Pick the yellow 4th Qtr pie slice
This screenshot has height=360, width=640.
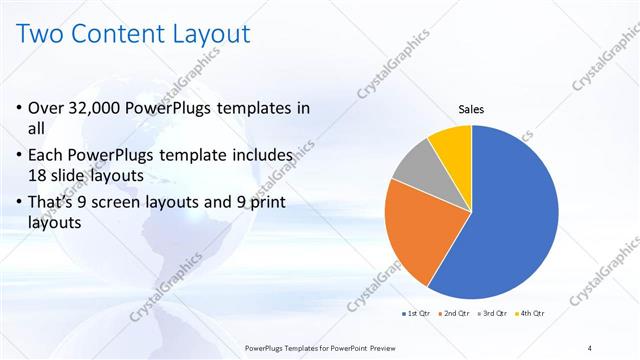[x=451, y=142]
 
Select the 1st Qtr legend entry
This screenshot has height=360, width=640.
[x=417, y=314]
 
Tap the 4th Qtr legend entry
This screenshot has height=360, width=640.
[x=532, y=314]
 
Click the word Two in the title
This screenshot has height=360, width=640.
[x=44, y=34]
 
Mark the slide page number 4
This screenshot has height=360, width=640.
[x=591, y=347]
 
